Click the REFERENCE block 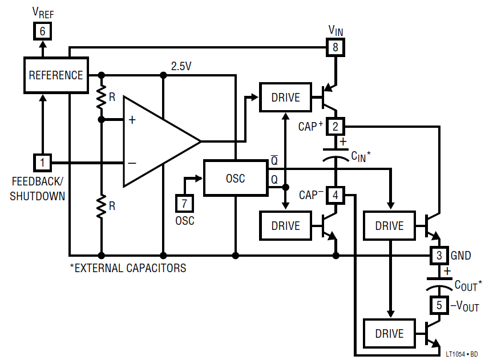click(56, 75)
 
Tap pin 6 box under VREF click(42, 31)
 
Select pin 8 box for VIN click(336, 47)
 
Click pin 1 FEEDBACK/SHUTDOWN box click(42, 163)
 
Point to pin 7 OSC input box click(184, 203)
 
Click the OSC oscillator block click(236, 178)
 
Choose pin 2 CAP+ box click(336, 126)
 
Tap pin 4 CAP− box click(336, 195)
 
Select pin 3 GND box click(439, 256)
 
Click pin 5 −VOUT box click(439, 305)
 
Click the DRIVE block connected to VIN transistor click(285, 97)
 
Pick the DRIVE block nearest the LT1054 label click(389, 333)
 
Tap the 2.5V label click(181, 66)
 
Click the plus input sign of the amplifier click(132, 120)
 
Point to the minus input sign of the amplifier click(132, 163)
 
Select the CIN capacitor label click(361, 156)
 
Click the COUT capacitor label click(468, 285)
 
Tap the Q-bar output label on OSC click(274, 160)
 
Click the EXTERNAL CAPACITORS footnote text click(128, 268)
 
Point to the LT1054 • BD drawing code click(462, 354)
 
